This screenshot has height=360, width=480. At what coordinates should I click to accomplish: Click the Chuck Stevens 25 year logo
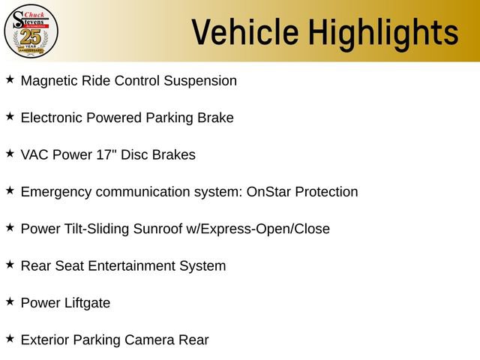[31, 31]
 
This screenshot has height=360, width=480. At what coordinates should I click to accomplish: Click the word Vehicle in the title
[237, 32]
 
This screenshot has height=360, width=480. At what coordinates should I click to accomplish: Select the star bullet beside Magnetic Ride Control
[10, 79]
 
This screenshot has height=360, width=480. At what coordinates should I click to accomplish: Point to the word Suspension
[200, 80]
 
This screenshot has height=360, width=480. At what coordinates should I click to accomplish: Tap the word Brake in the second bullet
[214, 118]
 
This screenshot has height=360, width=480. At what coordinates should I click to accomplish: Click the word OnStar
[269, 192]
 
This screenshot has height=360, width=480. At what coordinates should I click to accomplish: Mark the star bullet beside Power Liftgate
[10, 301]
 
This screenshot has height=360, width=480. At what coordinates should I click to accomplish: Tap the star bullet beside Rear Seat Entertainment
[10, 265]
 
